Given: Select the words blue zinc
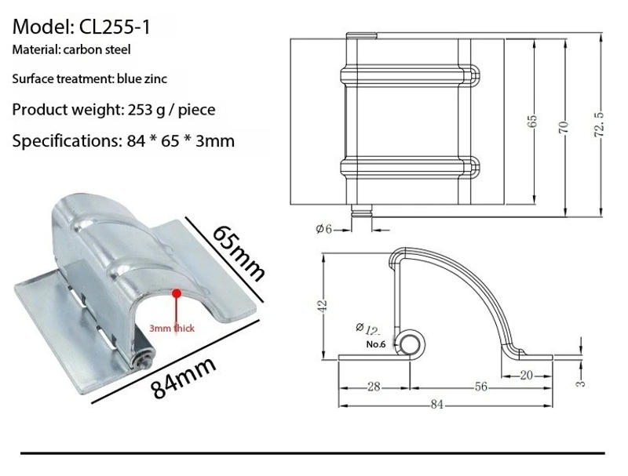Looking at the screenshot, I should tap(141, 78).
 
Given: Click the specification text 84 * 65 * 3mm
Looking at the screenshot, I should tap(179, 141).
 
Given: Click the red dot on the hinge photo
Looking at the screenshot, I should tap(177, 293).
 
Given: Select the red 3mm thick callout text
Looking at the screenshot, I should tap(173, 329).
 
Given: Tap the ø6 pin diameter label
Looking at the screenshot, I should tap(324, 228).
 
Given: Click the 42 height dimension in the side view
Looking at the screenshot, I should tap(320, 305).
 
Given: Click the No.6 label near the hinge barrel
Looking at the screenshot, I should tap(376, 343).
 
